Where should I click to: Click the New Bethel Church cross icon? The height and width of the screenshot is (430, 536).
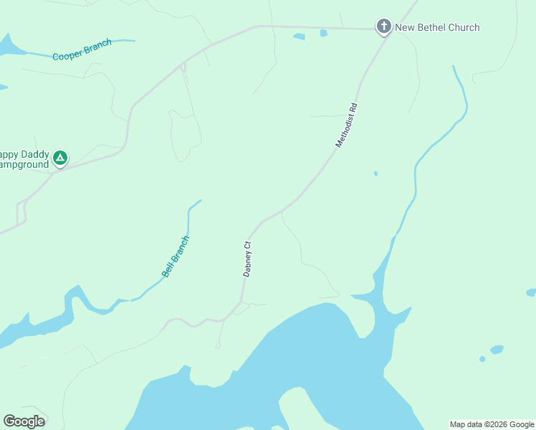(384, 27)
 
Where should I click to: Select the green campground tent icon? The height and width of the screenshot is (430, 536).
(61, 157)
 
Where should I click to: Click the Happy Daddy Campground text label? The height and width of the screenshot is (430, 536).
(24, 159)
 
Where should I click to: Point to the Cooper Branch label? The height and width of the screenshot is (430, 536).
(82, 49)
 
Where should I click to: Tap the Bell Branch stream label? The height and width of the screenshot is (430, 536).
(175, 257)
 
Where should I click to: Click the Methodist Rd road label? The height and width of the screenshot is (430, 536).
(346, 126)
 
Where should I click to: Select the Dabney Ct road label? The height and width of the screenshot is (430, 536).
(247, 259)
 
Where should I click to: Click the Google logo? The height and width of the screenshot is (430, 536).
(24, 421)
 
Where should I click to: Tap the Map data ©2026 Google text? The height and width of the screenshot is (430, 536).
(492, 424)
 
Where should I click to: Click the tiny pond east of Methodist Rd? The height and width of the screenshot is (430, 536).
(375, 173)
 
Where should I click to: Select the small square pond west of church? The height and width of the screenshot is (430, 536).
(324, 33)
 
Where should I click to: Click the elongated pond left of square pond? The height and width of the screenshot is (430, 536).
(299, 36)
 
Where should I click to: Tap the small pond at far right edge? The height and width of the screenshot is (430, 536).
(531, 292)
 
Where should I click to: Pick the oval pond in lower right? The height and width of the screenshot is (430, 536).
(496, 350)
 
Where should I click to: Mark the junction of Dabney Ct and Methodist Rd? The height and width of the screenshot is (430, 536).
(262, 221)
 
